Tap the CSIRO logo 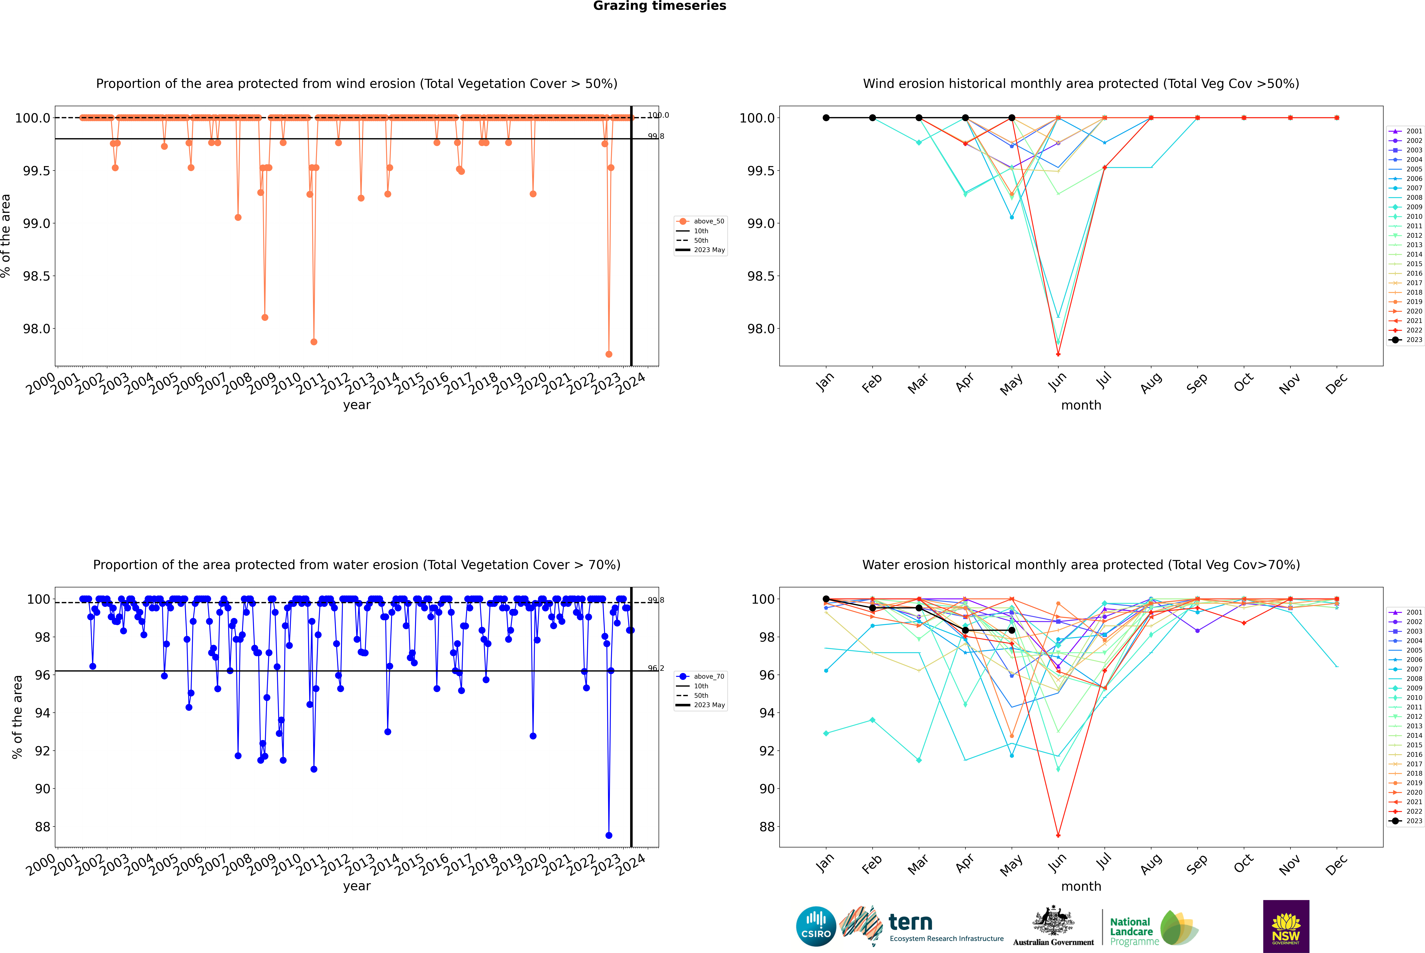point(816,926)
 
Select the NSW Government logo point(1286,926)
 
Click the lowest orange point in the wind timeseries point(609,354)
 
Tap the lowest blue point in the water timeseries point(609,836)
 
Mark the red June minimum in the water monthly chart point(1058,836)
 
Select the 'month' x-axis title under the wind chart point(1081,405)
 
